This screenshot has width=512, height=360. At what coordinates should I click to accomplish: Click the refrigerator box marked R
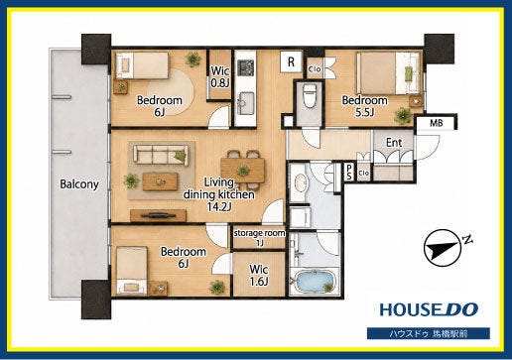pyautogui.click(x=291, y=61)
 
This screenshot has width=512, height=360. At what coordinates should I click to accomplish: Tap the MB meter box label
pyautogui.click(x=436, y=123)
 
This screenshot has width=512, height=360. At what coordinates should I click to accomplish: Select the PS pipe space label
pyautogui.click(x=349, y=173)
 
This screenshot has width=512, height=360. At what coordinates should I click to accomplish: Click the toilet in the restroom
pyautogui.click(x=311, y=96)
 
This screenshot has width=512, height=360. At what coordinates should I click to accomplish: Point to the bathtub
pyautogui.click(x=314, y=282)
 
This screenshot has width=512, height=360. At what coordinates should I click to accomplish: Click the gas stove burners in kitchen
pyautogui.click(x=246, y=67)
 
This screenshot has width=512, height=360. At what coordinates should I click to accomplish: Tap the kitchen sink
pyautogui.click(x=245, y=103)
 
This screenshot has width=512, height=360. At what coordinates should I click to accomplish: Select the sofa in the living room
pyautogui.click(x=161, y=155)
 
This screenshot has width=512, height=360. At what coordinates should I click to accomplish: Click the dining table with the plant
pyautogui.click(x=243, y=171)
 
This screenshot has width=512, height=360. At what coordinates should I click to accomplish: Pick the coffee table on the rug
pyautogui.click(x=160, y=181)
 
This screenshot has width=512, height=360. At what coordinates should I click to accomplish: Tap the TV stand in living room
pyautogui.click(x=158, y=216)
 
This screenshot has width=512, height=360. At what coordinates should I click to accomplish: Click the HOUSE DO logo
pyautogui.click(x=429, y=309)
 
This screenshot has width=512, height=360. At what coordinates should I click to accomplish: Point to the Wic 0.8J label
pyautogui.click(x=220, y=76)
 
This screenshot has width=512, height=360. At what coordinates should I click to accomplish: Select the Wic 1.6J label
pyautogui.click(x=259, y=275)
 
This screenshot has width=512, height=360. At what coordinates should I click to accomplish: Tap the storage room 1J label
pyautogui.click(x=259, y=238)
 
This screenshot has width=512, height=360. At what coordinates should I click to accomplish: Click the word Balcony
pyautogui.click(x=79, y=183)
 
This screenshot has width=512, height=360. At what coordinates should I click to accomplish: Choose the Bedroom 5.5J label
pyautogui.click(x=364, y=106)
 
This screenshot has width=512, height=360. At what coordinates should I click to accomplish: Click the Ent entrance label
pyautogui.click(x=394, y=143)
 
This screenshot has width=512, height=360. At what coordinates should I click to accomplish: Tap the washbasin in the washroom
pyautogui.click(x=301, y=182)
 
